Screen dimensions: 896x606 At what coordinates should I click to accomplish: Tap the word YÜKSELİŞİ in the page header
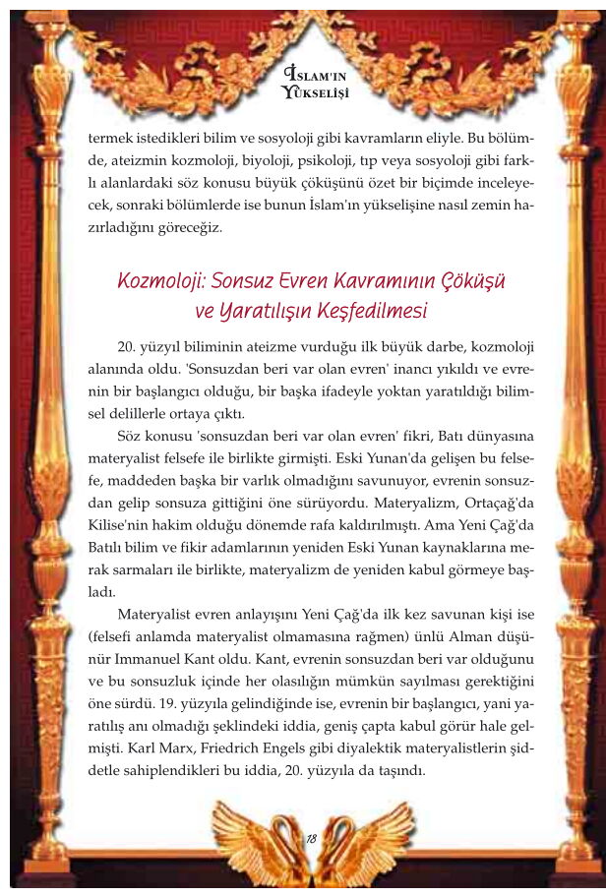(x=315, y=93)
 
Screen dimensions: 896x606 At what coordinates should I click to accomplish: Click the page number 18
(x=311, y=839)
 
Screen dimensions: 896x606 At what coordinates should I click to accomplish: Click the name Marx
(x=184, y=749)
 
